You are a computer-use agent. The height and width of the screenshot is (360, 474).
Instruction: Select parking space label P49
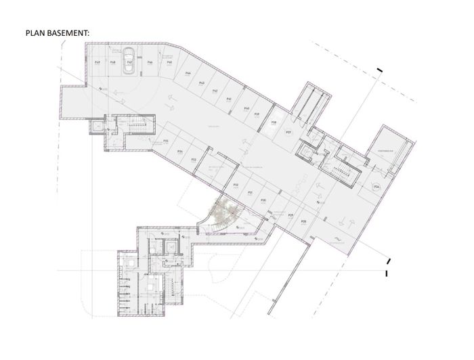98,62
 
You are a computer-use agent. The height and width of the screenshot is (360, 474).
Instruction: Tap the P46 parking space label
150,62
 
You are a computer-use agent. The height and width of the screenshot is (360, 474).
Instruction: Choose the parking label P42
215,90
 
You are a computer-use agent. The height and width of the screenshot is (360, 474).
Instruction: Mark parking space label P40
246,108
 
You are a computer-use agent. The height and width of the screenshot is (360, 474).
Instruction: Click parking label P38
274,122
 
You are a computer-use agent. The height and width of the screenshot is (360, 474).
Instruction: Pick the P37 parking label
288,132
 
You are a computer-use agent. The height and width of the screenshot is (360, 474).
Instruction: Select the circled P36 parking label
377,185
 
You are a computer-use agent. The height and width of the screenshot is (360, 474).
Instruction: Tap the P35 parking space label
166,141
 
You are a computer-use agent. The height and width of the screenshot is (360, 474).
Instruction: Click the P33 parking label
194,160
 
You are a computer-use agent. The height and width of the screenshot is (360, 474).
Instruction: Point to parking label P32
236,184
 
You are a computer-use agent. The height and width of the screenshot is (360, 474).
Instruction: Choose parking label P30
263,200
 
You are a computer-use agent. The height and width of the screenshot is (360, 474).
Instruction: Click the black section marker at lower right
386,273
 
